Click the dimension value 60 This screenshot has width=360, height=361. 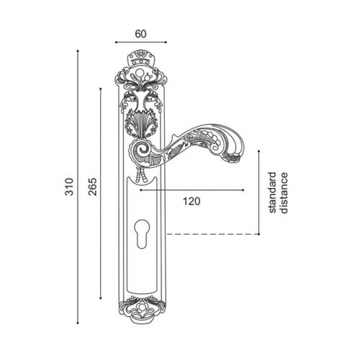[x=140, y=34]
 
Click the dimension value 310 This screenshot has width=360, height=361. [x=69, y=187]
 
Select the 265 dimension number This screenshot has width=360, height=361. [x=92, y=187]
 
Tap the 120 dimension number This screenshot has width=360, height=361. [x=192, y=201]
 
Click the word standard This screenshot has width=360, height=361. [x=272, y=192]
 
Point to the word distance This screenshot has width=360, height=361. [x=284, y=193]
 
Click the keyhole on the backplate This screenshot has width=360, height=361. [x=142, y=233]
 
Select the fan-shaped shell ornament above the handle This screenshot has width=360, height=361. [x=141, y=125]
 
